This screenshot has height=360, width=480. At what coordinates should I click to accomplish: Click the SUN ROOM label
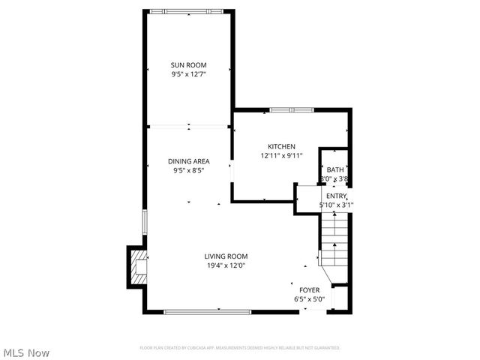point(188,65)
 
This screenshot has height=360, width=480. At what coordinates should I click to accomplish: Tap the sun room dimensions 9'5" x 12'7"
point(188,74)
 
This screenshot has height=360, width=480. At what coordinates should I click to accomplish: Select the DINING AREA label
point(188,161)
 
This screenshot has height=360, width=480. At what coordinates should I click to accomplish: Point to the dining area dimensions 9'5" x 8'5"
point(188,170)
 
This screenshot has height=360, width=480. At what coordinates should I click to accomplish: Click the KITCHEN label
point(281,146)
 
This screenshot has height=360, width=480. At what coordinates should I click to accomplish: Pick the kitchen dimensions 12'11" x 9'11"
point(281,155)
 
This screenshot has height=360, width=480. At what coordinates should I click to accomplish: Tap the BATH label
point(334,170)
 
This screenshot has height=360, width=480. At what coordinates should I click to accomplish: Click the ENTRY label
point(336,196)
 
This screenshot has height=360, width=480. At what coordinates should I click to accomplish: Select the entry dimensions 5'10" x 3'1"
point(336,204)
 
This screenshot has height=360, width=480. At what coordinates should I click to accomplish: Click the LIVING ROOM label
point(226,256)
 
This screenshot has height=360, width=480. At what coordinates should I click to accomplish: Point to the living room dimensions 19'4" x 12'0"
point(226,265)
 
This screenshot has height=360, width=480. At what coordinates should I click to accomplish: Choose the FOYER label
point(310,290)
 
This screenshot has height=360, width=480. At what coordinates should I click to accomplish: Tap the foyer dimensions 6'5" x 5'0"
point(310,299)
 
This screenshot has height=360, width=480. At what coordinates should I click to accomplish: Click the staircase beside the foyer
point(334,238)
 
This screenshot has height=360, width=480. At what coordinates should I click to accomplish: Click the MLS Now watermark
point(26,352)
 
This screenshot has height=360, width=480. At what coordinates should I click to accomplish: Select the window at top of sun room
point(188,11)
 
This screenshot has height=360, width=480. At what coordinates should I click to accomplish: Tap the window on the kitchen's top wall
point(292,110)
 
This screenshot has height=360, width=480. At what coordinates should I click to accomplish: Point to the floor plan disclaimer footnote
point(240,348)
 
